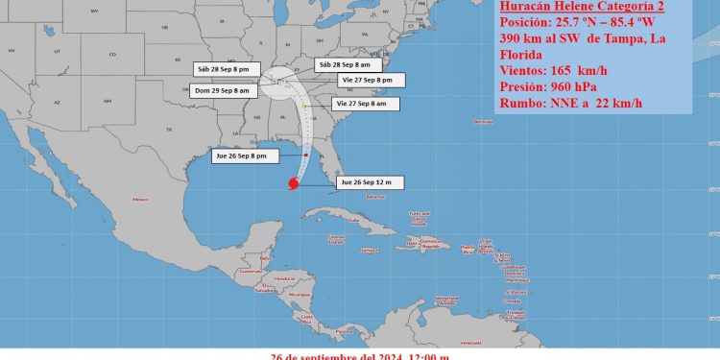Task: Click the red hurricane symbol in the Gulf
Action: (293, 182)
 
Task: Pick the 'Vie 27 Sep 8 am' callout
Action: (360, 103)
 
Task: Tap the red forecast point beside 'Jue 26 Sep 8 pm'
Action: (306, 155)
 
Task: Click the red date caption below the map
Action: (360, 354)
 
